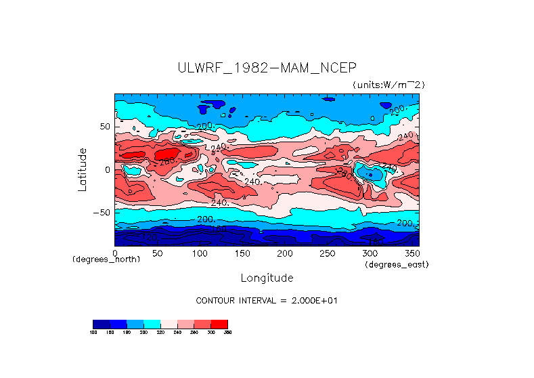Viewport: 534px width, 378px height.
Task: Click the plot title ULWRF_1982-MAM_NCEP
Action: tap(267, 68)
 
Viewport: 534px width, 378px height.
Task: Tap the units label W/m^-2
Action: tap(388, 85)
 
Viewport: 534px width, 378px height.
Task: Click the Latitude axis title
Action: tap(83, 169)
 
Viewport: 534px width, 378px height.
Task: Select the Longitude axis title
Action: tap(267, 278)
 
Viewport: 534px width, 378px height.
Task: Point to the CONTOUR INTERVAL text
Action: tap(266, 300)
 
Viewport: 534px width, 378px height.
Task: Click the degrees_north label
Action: tap(106, 259)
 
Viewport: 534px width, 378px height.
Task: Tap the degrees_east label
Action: tap(397, 264)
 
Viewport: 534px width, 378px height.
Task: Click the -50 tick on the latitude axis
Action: tap(102, 213)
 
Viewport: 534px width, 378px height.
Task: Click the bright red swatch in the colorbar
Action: tap(219, 324)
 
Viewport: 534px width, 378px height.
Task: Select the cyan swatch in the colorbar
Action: tap(152, 324)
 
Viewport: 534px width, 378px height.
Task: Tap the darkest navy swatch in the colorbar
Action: tap(101, 324)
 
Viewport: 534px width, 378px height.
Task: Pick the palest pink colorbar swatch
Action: tap(169, 324)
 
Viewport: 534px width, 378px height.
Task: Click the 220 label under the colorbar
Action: tap(160, 333)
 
